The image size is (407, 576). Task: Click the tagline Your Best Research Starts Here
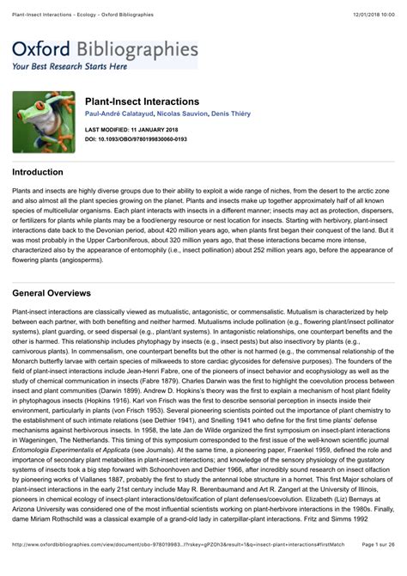coord(70,65)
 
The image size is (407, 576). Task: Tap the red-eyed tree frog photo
coord(43,121)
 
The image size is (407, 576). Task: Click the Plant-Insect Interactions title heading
coord(142,101)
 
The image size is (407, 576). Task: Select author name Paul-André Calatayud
coord(120,115)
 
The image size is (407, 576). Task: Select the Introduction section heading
coord(38,172)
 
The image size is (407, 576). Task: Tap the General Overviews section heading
coord(52,293)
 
